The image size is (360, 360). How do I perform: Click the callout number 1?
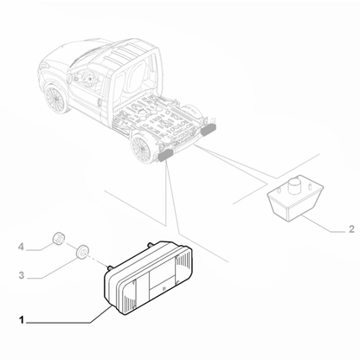pos(21,320)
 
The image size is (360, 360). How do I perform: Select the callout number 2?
pos(351,229)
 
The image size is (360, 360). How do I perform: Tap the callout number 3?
pos(22,275)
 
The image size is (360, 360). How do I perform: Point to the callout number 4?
pos(21,247)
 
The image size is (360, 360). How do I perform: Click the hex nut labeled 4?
pos(58,238)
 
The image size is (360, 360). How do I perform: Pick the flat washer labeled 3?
pos(82,252)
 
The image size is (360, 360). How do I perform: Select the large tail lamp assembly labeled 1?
pos(148,277)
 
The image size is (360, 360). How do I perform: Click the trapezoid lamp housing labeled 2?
pos(295,199)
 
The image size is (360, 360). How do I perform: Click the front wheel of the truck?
pos(55,98)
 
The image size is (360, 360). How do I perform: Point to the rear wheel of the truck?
pos(141,149)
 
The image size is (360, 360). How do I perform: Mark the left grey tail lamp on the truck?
pos(165,155)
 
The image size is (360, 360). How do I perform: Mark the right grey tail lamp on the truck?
pos(209,130)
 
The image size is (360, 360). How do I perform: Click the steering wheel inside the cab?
pos(90,78)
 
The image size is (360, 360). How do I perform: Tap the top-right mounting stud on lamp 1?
pos(150,245)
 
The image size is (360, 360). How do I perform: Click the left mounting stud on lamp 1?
pos(109,267)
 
